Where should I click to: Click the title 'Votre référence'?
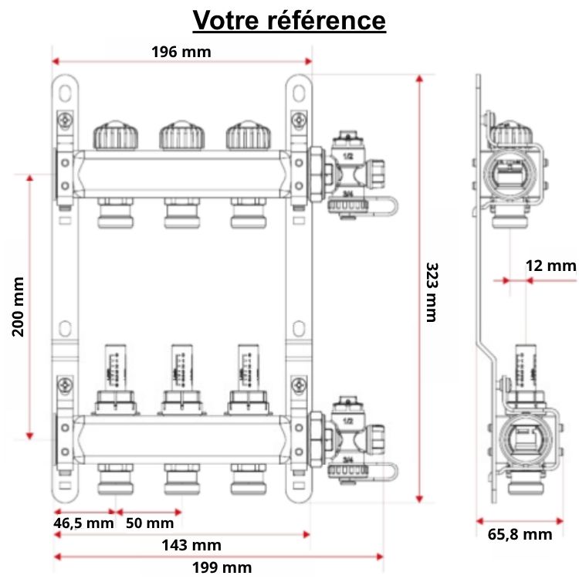pyautogui.click(x=289, y=20)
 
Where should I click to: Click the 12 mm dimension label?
pyautogui.click(x=550, y=266)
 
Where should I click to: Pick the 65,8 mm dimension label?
pyautogui.click(x=520, y=533)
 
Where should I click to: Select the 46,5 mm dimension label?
pyautogui.click(x=83, y=523)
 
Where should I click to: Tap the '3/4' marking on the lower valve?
pyautogui.click(x=348, y=458)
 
